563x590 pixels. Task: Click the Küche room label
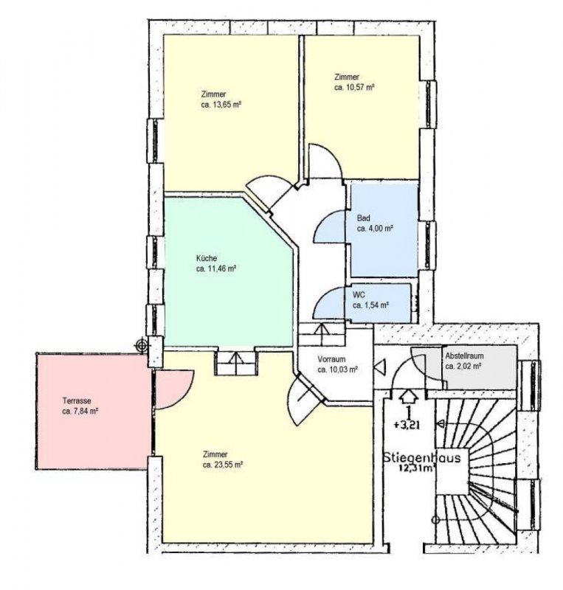point(207,259)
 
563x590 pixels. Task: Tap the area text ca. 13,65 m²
point(221,105)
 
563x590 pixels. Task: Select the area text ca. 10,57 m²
point(354,87)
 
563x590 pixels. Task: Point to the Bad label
point(364,218)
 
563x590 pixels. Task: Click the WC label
point(359,294)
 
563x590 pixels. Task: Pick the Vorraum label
point(331,359)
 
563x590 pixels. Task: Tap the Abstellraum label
point(464,355)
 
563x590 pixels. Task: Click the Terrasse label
point(77,401)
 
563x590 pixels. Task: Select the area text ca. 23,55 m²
point(223,465)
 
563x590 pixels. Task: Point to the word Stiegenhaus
point(422,458)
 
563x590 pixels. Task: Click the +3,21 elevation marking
point(407,426)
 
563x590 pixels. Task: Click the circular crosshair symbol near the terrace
point(142,344)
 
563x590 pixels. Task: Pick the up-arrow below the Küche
point(236,361)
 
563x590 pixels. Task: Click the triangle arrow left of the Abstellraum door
point(380,367)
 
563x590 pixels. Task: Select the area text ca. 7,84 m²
point(80,412)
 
